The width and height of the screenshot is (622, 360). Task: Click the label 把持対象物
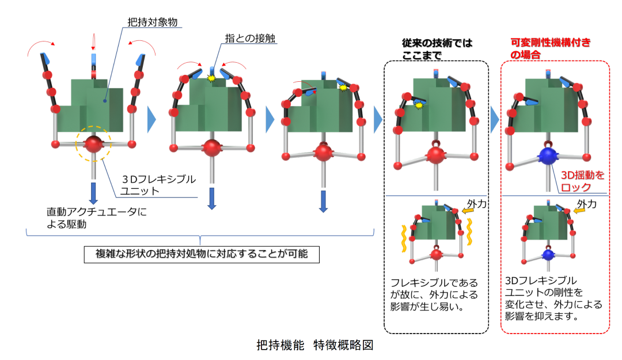(x=152, y=21)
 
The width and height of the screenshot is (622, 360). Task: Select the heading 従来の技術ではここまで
(x=437, y=48)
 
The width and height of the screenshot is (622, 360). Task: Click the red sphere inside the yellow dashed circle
(x=94, y=145)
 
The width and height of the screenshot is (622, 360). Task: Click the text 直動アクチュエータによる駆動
(x=97, y=218)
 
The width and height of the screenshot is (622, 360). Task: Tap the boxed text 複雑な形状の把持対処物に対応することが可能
(x=201, y=254)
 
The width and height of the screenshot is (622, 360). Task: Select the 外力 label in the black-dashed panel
(x=474, y=203)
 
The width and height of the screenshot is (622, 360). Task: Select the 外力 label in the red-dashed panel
(x=586, y=203)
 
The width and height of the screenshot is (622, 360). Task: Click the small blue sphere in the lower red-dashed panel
(x=547, y=254)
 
